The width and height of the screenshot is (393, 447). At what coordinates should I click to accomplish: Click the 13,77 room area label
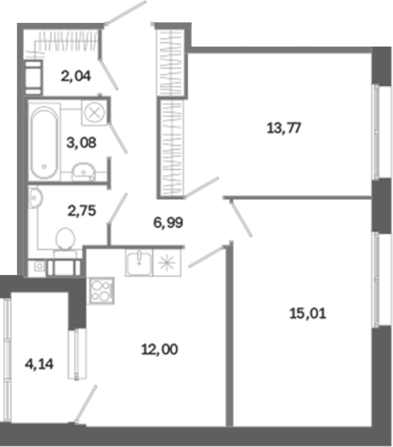coord(284,128)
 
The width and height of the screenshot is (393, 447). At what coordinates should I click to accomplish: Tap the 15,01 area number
coord(308,314)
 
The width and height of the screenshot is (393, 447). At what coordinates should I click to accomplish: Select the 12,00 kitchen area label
coord(160,349)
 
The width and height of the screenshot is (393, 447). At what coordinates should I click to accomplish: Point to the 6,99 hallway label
coord(168,222)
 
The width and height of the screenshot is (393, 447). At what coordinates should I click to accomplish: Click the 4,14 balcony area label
coord(39,364)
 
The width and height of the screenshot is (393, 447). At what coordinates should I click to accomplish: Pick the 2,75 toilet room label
coord(82,211)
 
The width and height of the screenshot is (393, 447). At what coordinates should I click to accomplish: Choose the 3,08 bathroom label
coord(82,142)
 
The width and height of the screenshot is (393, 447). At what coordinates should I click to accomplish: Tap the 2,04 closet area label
coord(76,76)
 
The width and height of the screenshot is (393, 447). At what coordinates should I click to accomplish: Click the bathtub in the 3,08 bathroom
coord(44,142)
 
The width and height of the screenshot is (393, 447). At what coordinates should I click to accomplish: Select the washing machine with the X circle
coord(94,113)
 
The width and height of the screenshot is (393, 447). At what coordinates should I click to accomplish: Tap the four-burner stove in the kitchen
coord(101,291)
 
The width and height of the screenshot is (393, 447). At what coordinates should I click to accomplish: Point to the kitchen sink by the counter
coord(139,262)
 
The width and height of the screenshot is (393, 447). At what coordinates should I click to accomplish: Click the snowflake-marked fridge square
coord(167,262)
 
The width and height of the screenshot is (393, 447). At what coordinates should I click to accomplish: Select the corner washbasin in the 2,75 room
coord(35,197)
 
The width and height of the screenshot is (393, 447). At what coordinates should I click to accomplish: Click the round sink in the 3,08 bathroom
coord(83,172)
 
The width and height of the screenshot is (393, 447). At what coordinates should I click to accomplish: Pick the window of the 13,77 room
coord(377,132)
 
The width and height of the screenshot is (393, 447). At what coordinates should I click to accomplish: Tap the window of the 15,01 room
coord(377,279)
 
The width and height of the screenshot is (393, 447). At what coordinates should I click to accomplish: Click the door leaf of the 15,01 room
coord(241,217)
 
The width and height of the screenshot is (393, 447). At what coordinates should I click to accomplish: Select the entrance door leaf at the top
coord(125,13)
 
